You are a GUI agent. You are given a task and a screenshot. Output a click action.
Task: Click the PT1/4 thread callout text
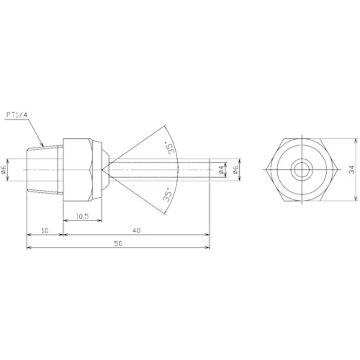[x=16, y=115]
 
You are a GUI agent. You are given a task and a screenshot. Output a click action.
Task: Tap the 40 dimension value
[x=136, y=230]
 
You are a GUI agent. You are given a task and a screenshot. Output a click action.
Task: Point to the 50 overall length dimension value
[x=118, y=243]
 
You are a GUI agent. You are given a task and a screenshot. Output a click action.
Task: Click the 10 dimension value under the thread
[x=44, y=230]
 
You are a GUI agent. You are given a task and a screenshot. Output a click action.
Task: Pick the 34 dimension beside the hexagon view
[x=352, y=170]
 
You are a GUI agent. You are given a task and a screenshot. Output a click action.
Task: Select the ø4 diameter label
[x=221, y=171]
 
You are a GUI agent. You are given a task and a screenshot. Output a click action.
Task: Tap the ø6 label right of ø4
[x=235, y=171]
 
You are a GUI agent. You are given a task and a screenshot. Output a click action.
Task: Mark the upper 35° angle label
[x=171, y=147]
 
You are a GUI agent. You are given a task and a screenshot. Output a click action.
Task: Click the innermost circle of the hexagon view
[x=301, y=169]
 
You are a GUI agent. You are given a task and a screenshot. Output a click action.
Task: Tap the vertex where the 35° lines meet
[x=103, y=170]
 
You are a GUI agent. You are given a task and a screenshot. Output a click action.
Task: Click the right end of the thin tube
[x=209, y=170]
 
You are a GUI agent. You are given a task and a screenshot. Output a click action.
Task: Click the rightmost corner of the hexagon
[x=337, y=170]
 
